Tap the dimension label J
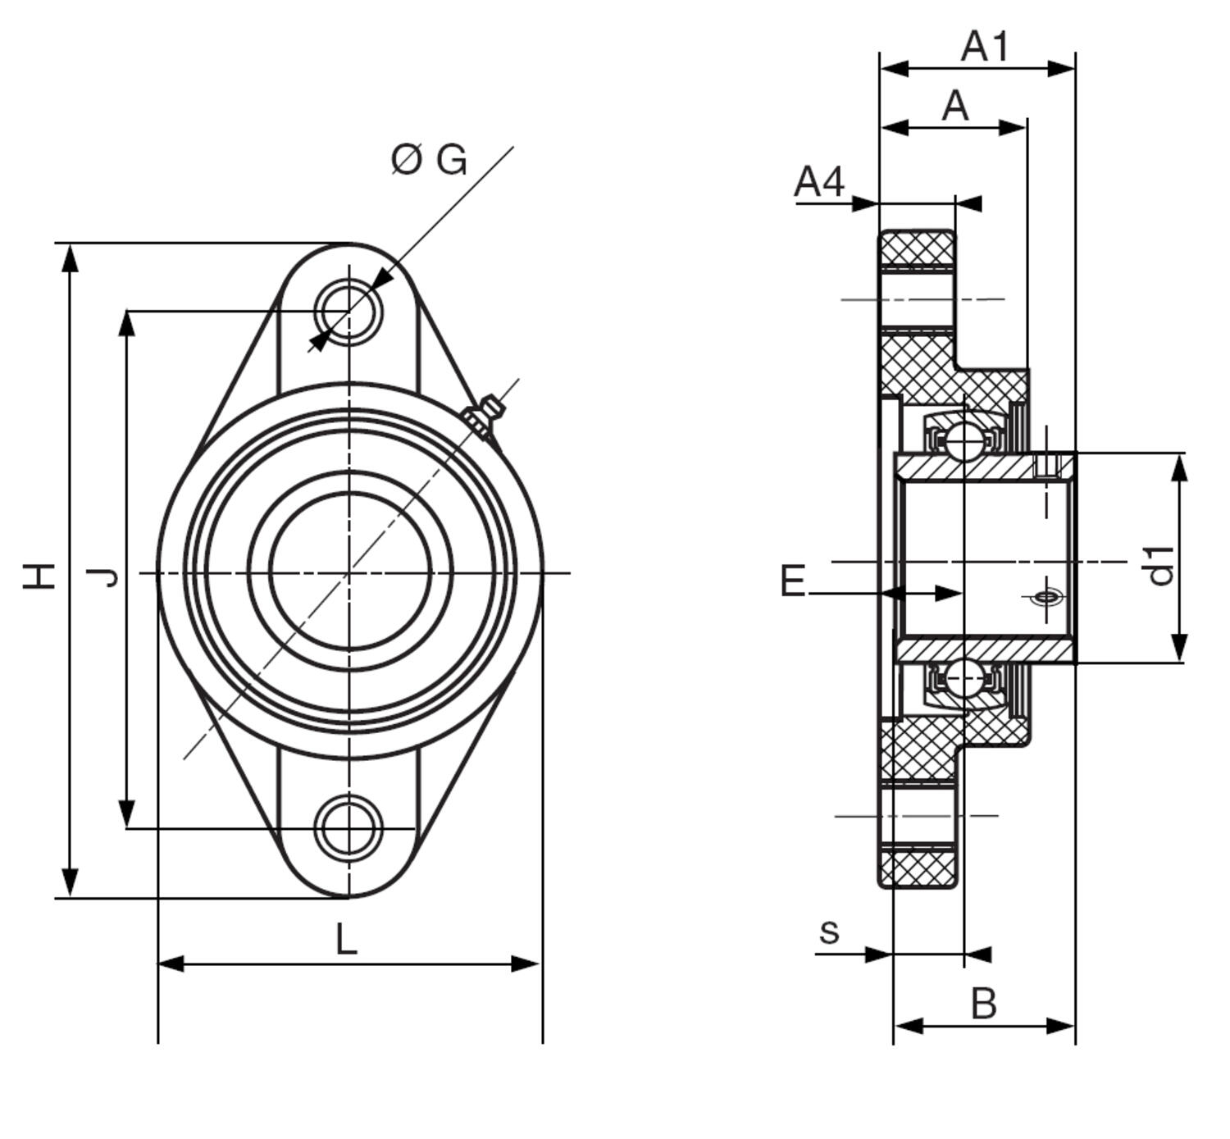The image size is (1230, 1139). click(x=102, y=578)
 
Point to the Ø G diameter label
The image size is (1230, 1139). click(x=429, y=160)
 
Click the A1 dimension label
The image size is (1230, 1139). click(x=985, y=46)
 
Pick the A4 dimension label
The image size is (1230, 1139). click(x=819, y=181)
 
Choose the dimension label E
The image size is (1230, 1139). click(x=793, y=581)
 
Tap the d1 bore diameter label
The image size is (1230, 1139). click(x=1160, y=566)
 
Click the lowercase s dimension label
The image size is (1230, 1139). click(x=829, y=932)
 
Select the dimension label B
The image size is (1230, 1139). click(x=983, y=1004)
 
